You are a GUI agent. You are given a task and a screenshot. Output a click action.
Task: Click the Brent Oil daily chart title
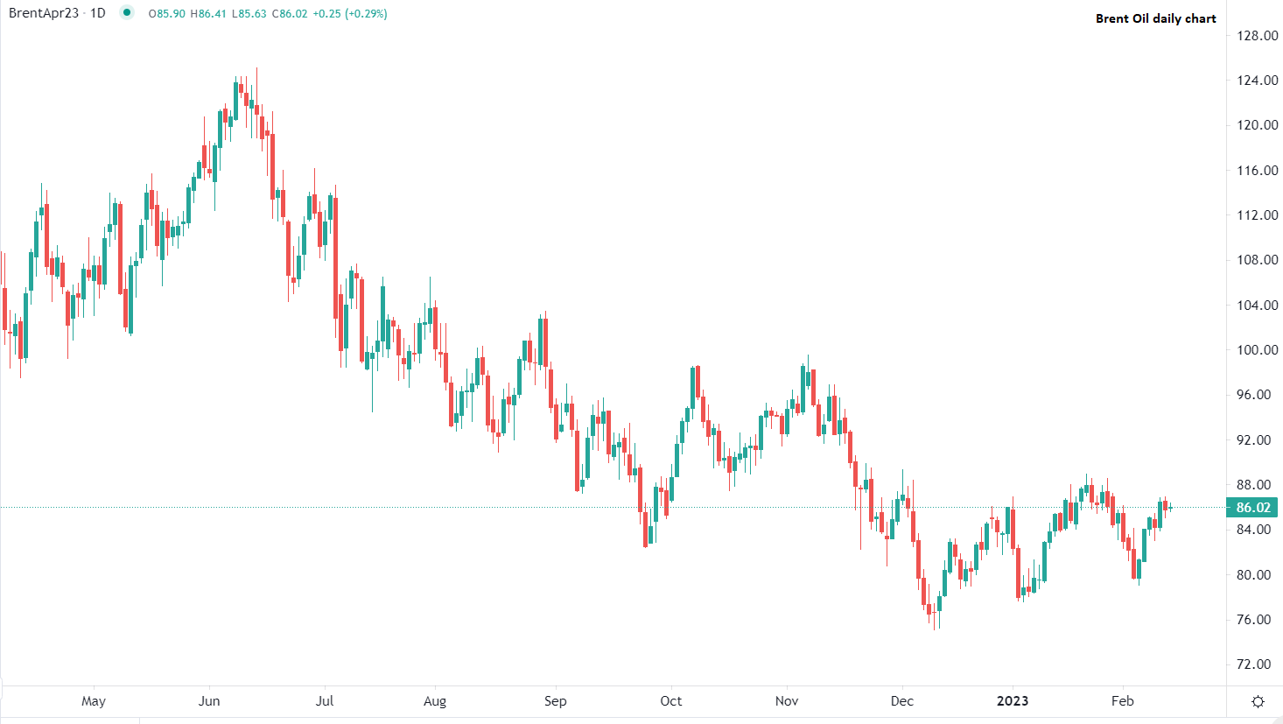coord(1155,18)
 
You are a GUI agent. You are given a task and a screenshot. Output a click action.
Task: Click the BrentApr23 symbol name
coord(44,13)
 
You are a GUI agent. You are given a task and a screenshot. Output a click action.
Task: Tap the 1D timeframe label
coord(98,13)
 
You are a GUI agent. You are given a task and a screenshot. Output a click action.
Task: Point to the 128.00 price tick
coord(1258,36)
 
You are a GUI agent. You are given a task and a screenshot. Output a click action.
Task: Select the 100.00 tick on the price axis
coord(1258,350)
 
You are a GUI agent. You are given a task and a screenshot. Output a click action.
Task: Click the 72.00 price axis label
coord(1258,664)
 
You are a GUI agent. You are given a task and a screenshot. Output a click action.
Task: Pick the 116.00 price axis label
coord(1258,171)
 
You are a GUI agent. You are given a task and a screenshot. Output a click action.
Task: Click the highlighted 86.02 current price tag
coord(1252,508)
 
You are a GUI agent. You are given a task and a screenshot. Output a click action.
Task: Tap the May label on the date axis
coord(94,701)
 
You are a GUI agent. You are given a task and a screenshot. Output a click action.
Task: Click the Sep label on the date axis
coord(556,701)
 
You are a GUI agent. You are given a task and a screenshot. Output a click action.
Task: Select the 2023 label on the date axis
coord(1013,701)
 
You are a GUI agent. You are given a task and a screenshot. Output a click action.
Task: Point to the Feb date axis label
coord(1123,701)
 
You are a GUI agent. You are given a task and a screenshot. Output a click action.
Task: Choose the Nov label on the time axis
coord(787,701)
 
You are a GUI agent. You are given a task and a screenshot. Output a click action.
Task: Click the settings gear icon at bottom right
coord(1258,701)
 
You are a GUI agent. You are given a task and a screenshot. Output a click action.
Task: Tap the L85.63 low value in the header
coord(249,14)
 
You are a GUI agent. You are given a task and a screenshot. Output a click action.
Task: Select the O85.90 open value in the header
coord(167,14)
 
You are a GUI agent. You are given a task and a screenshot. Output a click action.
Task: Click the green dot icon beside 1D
coord(127,12)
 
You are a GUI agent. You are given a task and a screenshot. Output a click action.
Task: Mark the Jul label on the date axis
coord(325,701)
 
